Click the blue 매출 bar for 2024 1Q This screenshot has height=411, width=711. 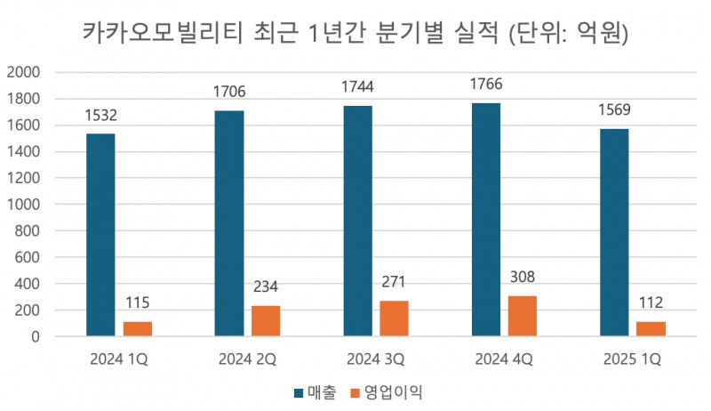click(x=100, y=235)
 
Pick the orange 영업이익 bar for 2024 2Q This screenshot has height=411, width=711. click(x=266, y=321)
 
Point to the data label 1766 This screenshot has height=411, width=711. click(x=485, y=86)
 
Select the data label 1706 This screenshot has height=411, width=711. click(x=228, y=92)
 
